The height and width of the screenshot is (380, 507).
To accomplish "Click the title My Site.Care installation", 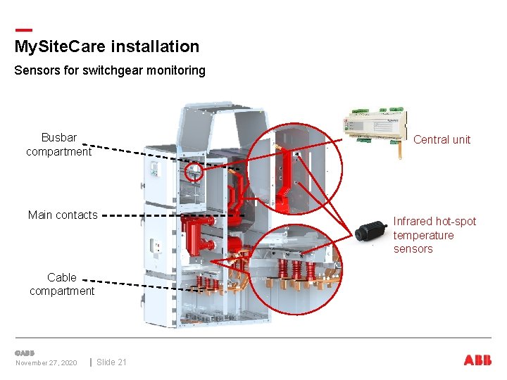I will pos(106,47).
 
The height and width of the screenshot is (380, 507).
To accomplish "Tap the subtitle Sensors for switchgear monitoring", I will pos(109,70).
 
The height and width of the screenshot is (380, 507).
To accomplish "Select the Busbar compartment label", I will pos(58,144).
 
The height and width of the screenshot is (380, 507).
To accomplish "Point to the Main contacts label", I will pos(63,215).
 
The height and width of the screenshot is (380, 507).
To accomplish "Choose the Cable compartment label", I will pos(62,284).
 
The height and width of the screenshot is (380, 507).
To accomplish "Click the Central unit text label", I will pos(442,139).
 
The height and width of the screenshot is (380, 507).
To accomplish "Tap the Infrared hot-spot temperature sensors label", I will pos(434,235).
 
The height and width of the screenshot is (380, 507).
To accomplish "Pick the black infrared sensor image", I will pos(371,231).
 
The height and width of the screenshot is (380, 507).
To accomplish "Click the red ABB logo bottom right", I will pos(477,360).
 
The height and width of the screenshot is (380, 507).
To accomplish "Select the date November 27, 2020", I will pos(46,363).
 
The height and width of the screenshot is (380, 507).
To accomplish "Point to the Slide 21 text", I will pos(111,362).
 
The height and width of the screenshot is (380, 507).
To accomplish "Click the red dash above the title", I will pos(23,30).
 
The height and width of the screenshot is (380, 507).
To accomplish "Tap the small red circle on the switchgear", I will pos(194,171).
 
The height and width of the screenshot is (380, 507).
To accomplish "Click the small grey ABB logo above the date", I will pos(25,353).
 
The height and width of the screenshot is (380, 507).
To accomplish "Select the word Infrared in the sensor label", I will pos(413,222).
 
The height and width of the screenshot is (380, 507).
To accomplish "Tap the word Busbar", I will pos(59,137).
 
